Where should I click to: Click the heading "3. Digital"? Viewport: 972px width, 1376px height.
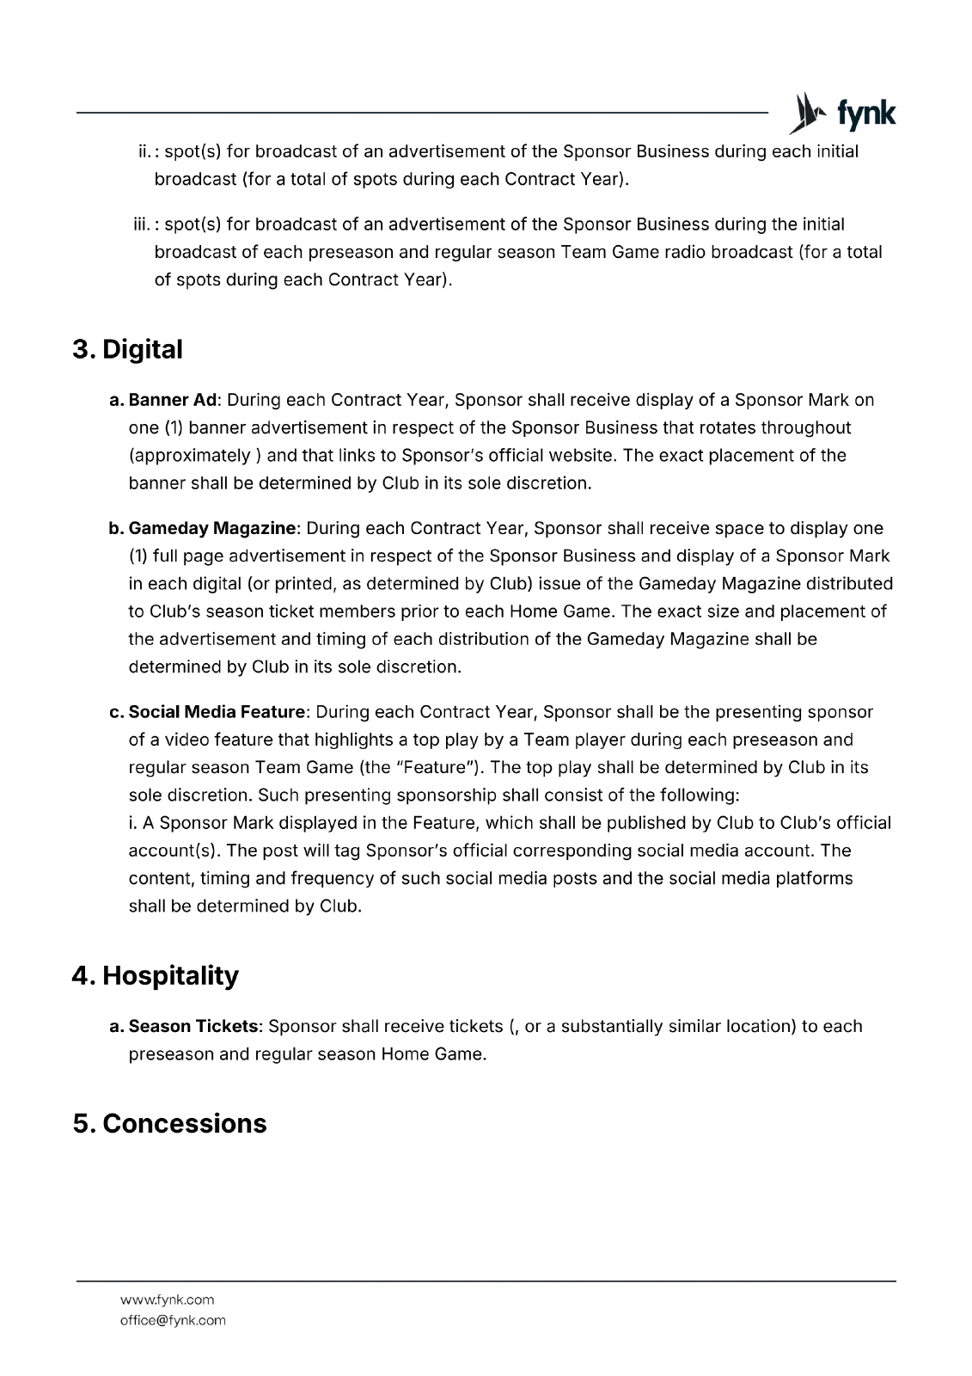127,350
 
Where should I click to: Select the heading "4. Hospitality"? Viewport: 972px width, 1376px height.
155,976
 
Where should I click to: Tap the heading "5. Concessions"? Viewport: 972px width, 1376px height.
169,1124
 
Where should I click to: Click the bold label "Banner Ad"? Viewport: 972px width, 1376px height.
174,400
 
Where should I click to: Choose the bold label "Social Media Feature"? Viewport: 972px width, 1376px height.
217,712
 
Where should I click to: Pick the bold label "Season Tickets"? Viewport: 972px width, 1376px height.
193,1026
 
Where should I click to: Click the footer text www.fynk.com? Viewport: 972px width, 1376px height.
167,1299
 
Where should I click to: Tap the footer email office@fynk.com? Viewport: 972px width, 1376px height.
173,1320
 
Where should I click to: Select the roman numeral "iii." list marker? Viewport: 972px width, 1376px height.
142,224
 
